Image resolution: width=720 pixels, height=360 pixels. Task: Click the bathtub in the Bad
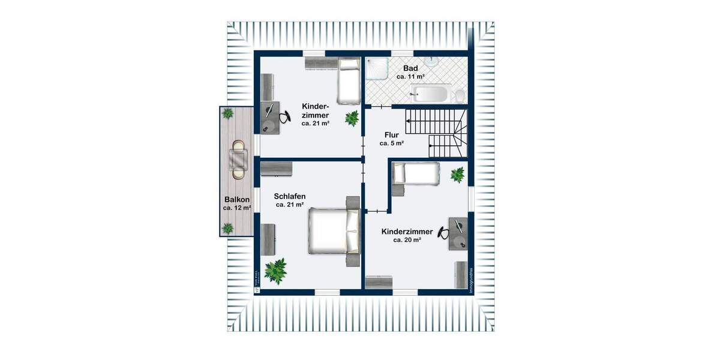pyautogui.click(x=430, y=93)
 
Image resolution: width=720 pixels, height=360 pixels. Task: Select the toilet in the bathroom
pyautogui.click(x=459, y=95)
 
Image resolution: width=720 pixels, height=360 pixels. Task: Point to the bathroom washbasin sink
pyautogui.click(x=431, y=61)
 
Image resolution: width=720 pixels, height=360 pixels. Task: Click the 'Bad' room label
pyautogui.click(x=410, y=68)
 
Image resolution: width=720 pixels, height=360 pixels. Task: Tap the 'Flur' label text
pyautogui.click(x=392, y=135)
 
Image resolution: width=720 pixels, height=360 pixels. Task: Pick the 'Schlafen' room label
pyautogui.click(x=290, y=196)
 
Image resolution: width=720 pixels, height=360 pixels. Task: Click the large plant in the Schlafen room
pyautogui.click(x=276, y=271)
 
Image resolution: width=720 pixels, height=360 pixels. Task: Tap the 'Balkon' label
pyautogui.click(x=237, y=200)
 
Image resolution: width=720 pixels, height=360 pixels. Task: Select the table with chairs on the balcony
pyautogui.click(x=239, y=160)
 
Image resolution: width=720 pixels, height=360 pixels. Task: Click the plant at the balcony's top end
pyautogui.click(x=228, y=113)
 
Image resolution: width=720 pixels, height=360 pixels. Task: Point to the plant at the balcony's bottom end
pyautogui.click(x=228, y=228)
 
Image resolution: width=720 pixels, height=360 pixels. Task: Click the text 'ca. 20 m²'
pyautogui.click(x=407, y=239)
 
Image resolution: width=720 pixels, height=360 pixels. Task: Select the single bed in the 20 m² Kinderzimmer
pyautogui.click(x=415, y=173)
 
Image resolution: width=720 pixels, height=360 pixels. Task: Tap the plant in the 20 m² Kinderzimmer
pyautogui.click(x=458, y=175)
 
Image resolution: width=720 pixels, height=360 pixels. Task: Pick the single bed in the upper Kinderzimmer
pyautogui.click(x=347, y=80)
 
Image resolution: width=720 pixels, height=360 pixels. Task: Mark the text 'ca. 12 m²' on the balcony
pyautogui.click(x=237, y=208)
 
